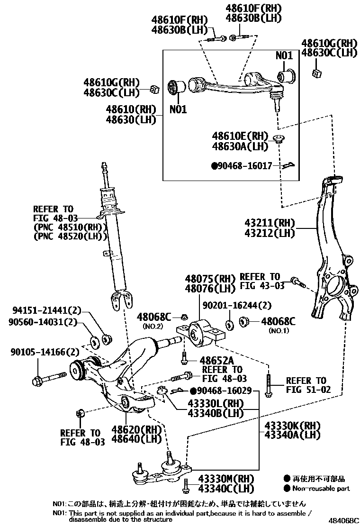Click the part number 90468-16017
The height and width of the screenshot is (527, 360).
244,166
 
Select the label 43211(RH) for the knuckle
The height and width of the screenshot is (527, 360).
270,223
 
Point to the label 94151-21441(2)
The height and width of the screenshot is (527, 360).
45,311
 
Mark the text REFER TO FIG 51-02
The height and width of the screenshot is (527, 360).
306,385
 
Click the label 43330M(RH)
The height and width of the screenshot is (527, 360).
226,479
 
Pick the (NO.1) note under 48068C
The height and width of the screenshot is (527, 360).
278,331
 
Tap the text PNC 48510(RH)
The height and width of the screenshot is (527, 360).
69,227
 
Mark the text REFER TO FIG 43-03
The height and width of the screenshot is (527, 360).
262,281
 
